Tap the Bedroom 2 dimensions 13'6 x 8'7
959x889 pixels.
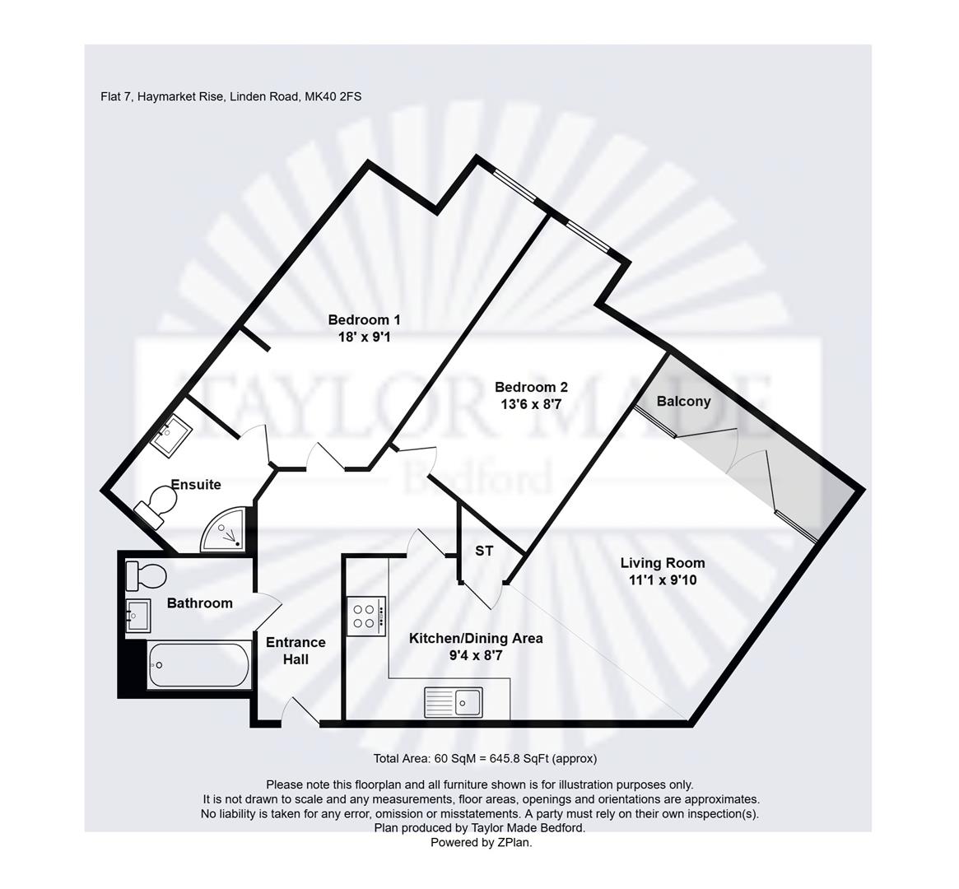click(x=531, y=404)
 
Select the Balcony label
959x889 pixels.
click(x=683, y=401)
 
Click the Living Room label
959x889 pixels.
click(x=662, y=563)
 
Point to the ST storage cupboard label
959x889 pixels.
click(x=484, y=551)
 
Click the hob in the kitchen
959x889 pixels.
click(x=365, y=616)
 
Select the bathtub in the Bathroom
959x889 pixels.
click(x=199, y=665)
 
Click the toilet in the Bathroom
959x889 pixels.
click(x=146, y=575)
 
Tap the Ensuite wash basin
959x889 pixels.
click(x=172, y=434)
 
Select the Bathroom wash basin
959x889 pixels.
click(x=137, y=615)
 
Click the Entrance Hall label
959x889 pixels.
click(x=296, y=650)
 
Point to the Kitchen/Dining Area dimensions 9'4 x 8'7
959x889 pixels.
click(x=476, y=656)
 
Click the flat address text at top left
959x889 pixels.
click(x=231, y=96)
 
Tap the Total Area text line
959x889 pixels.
click(x=485, y=759)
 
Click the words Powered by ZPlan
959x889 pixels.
click(x=482, y=842)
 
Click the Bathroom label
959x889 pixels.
click(x=199, y=603)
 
